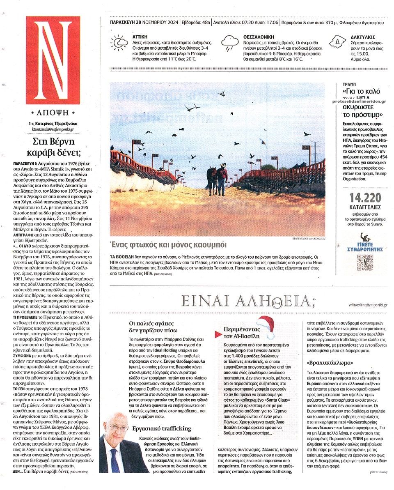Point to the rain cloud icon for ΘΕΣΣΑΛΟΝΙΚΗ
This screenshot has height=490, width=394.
[x=230, y=42]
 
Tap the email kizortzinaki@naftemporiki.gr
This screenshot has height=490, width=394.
[x=53, y=129]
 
